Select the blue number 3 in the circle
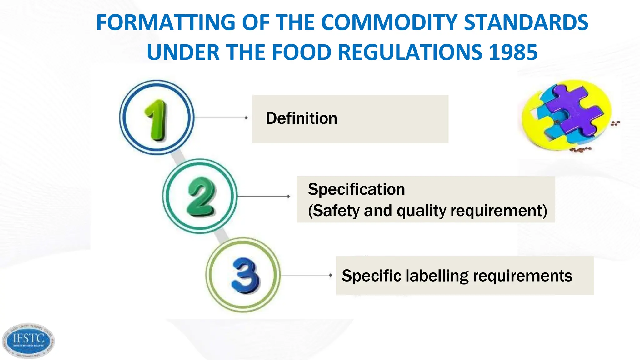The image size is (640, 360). [x=245, y=276]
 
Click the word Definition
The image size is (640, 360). [x=301, y=118]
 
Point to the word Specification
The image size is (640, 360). [x=356, y=189]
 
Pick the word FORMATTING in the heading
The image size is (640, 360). [x=166, y=22]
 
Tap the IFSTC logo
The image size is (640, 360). [x=28, y=341]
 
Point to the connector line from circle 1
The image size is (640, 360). [x=221, y=118]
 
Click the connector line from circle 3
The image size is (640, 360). [x=306, y=275]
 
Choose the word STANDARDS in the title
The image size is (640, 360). [x=526, y=22]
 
